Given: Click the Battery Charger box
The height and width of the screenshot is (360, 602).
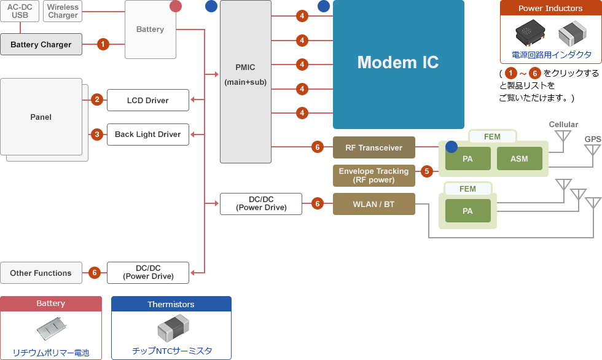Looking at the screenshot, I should point(41,44).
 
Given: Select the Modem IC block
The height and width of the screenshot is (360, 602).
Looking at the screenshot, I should point(398,63).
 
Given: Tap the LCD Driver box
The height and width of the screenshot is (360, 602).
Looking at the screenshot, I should point(147,100).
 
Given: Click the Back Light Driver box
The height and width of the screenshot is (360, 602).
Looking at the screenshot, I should point(147,135).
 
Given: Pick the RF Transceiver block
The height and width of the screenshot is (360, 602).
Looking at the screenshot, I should point(373,147).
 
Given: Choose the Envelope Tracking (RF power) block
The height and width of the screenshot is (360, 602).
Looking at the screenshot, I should point(373,176).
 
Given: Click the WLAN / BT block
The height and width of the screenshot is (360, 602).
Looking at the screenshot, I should point(373,204).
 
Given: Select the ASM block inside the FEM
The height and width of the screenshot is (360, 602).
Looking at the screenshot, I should point(519,159).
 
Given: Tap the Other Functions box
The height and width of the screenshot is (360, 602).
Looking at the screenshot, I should point(41,273).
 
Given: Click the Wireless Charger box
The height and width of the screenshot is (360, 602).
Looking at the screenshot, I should point(63,11).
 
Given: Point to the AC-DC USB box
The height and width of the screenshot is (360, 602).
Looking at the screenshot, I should point(20,11).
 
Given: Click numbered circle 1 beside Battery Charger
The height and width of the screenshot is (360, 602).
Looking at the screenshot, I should point(103,44).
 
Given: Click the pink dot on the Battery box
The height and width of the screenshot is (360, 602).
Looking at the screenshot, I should point(176,6).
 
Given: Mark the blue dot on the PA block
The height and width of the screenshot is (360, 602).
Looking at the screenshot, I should point(451,147).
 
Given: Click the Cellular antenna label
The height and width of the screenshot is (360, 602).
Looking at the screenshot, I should point(563,125).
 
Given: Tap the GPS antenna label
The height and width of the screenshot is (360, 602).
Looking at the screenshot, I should point(592,139).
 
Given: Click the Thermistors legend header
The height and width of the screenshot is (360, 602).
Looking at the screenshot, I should point(171,304).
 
